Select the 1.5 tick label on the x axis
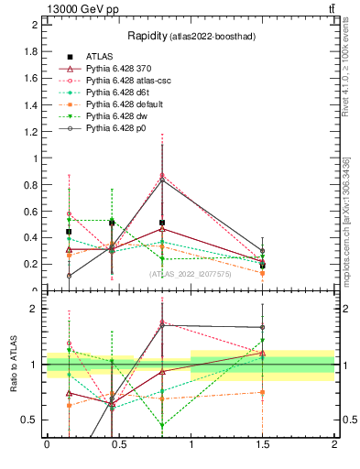click(x=263, y=443)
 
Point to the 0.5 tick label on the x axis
click(x=118, y=443)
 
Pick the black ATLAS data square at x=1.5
click(x=263, y=265)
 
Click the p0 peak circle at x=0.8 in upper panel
click(x=162, y=180)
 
